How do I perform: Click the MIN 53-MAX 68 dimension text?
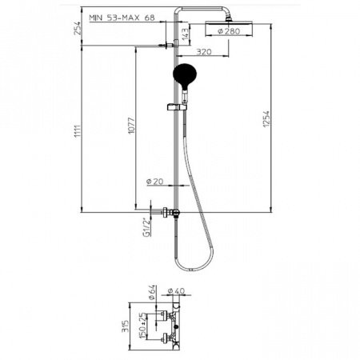click(122, 18)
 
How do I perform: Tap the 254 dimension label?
click(77, 28)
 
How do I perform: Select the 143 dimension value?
click(185, 34)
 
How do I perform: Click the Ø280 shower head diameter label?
click(229, 31)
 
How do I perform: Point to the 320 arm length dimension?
click(204, 51)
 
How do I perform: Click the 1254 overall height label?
click(266, 119)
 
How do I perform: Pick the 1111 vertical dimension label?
click(78, 131)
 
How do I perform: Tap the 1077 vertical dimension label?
click(131, 126)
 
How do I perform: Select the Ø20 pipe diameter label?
click(155, 182)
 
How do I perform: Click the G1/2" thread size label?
click(146, 228)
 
